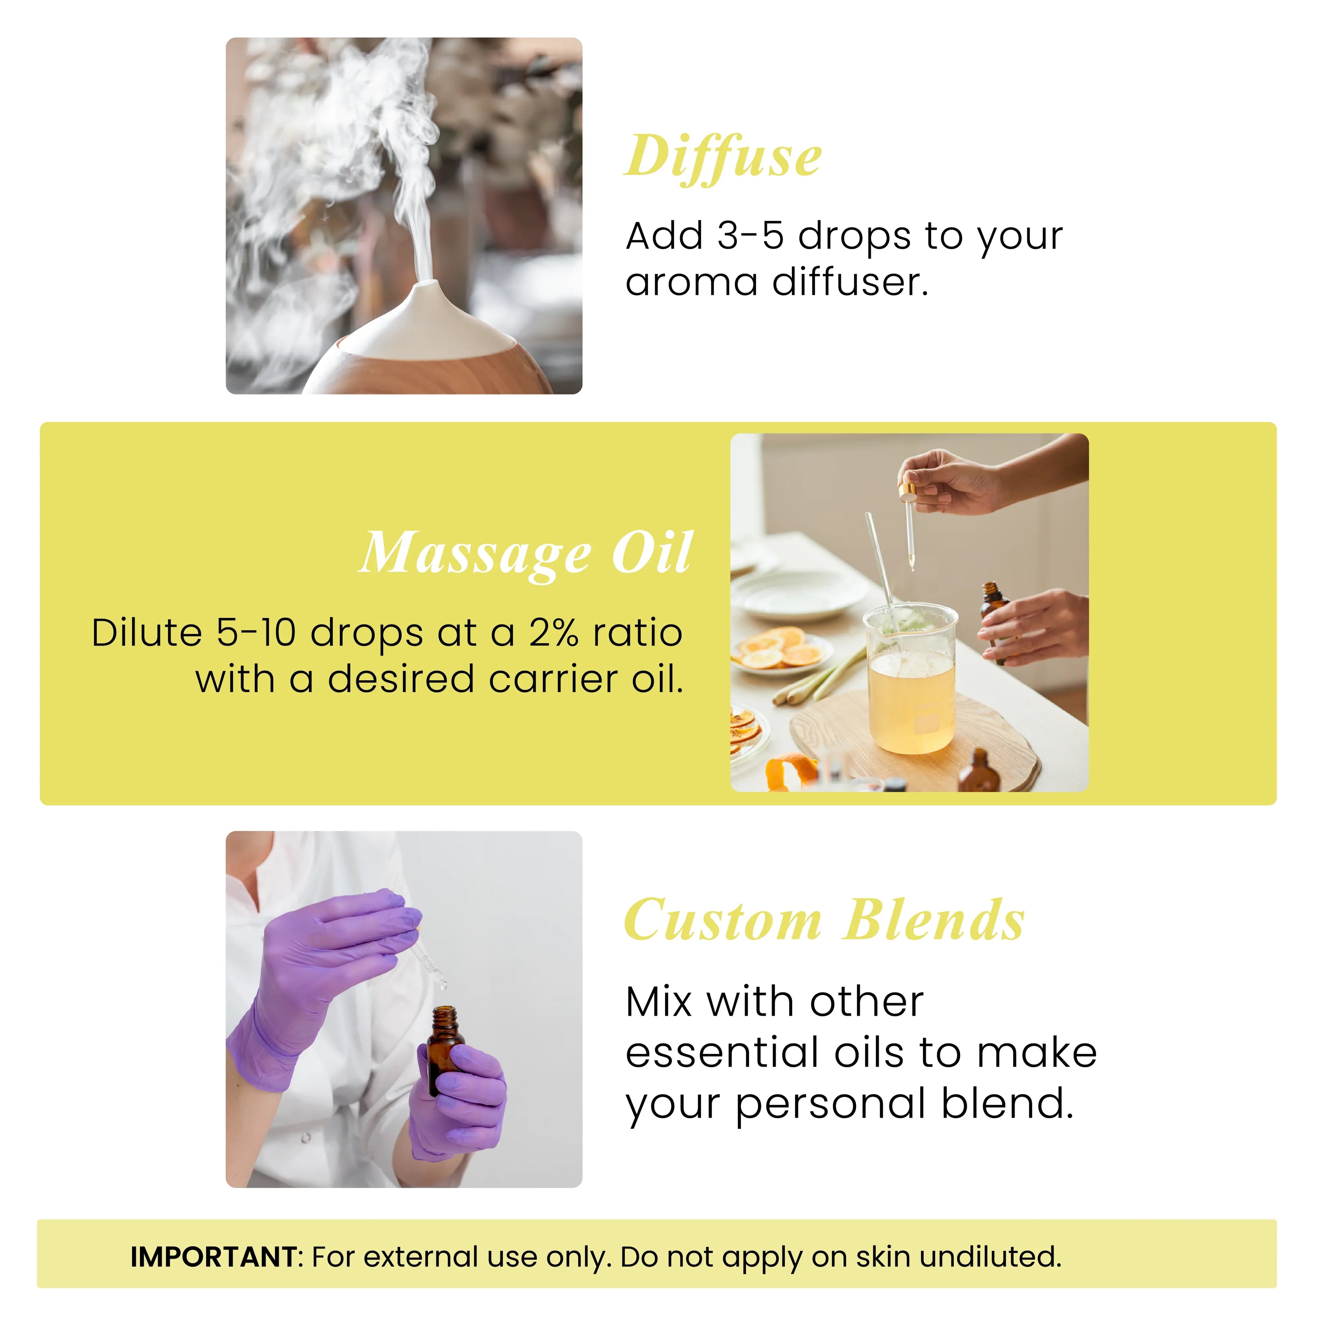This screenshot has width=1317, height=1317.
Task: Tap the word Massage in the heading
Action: [x=475, y=554]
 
